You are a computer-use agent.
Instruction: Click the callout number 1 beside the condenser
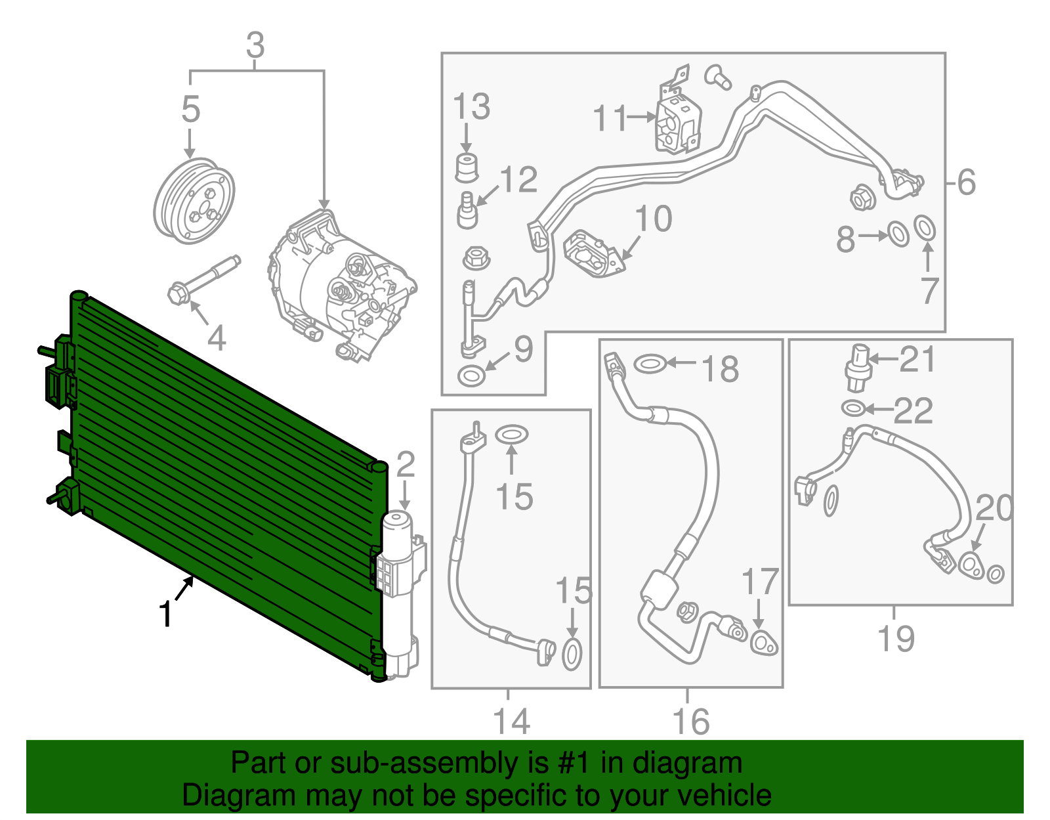coord(166,615)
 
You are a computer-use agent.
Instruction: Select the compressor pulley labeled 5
coord(194,201)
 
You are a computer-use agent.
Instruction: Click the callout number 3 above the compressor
coord(255,45)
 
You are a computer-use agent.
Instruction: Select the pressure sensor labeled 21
coord(856,366)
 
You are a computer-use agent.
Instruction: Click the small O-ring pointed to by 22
coord(852,408)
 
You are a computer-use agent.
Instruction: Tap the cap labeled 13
coord(466,167)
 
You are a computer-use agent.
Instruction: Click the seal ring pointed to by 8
coord(898,234)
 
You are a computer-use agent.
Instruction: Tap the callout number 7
coord(929,290)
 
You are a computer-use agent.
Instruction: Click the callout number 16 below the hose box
coord(691,722)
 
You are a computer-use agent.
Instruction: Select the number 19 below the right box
coord(896,638)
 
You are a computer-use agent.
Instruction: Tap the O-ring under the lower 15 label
coord(572,655)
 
